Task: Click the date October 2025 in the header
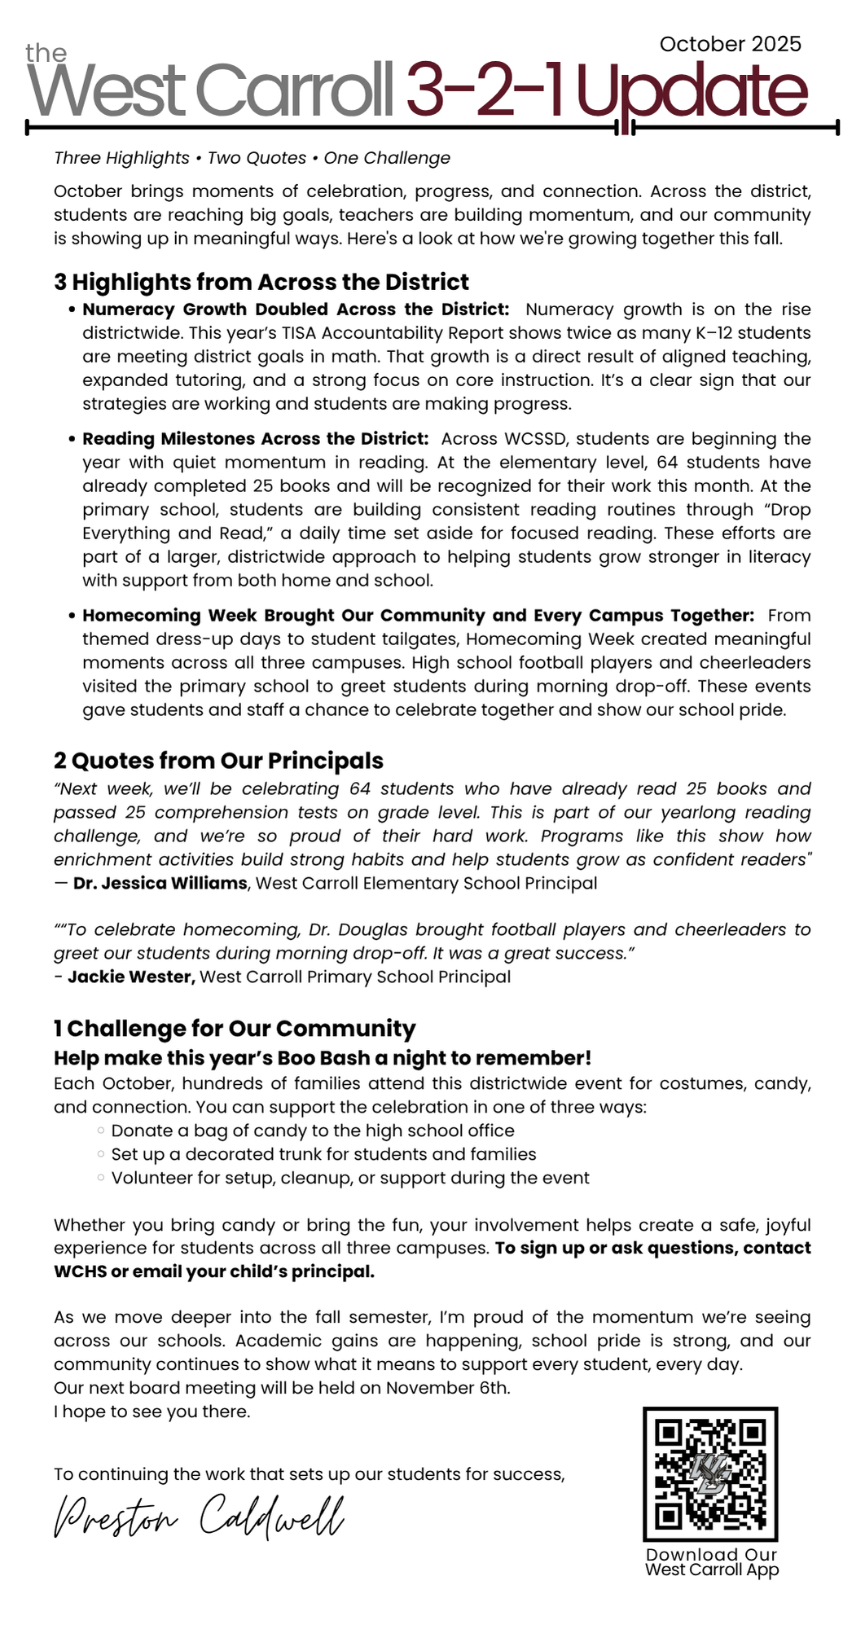(730, 44)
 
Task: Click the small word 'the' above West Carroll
(46, 54)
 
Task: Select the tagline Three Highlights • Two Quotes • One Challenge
(252, 158)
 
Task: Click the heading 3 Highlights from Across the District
(261, 282)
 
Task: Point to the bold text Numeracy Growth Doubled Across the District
(296, 310)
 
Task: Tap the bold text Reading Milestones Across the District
(255, 439)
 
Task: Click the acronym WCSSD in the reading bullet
(539, 439)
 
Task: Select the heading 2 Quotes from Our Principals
(218, 761)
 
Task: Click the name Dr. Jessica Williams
(160, 883)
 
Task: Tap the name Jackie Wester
(131, 977)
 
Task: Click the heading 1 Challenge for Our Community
(235, 1029)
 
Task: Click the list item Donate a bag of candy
(313, 1131)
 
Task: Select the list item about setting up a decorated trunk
(323, 1154)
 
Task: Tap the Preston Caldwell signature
(199, 1516)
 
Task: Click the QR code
(710, 1473)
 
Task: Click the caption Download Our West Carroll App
(712, 1562)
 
